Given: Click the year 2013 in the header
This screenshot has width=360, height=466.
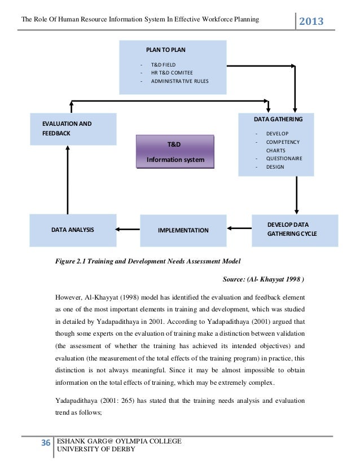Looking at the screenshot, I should [x=311, y=21].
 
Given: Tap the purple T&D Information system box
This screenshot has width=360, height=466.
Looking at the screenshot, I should [x=175, y=152].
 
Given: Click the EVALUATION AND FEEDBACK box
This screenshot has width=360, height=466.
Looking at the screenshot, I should [x=73, y=129].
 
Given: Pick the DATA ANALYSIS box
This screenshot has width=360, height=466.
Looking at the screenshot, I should [x=73, y=230].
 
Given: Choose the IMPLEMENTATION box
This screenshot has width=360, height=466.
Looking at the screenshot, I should [x=183, y=230].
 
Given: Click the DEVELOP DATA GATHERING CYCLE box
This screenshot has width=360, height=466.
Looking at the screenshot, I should [x=295, y=229].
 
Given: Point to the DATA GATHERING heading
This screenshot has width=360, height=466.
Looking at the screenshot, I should [x=278, y=120].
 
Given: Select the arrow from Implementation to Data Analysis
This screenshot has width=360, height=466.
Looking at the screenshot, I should [x=128, y=229].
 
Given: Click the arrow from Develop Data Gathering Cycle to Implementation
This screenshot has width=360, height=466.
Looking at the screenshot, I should [x=241, y=228].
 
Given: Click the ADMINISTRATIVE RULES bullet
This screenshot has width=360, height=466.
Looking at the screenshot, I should [x=179, y=81].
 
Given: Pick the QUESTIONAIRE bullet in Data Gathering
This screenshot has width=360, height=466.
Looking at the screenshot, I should [x=284, y=159].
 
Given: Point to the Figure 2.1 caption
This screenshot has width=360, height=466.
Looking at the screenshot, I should [x=147, y=262].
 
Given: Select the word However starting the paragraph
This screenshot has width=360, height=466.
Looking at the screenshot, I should [x=69, y=297].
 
